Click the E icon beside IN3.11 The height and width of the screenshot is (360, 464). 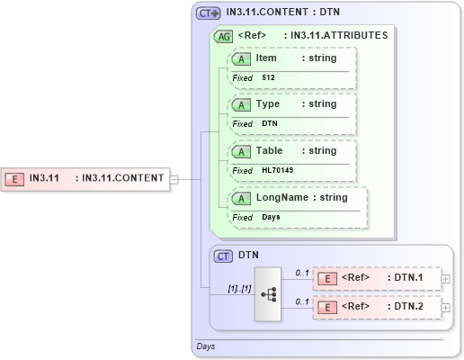point(15,178)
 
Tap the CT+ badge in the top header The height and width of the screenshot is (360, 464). point(209,13)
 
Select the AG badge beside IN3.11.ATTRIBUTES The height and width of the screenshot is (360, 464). point(222,36)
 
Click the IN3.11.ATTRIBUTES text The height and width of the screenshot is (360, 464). point(335,36)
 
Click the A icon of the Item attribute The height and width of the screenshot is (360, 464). point(242,58)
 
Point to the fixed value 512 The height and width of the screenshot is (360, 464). point(269,78)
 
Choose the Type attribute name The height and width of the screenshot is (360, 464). point(268,104)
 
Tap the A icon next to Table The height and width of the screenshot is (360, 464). point(242,151)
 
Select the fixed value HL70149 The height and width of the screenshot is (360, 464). point(278,170)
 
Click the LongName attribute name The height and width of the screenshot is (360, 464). point(282,198)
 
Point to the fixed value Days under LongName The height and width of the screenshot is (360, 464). point(272,217)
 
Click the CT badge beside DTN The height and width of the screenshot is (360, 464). point(223,256)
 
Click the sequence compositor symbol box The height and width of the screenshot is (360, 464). point(268,293)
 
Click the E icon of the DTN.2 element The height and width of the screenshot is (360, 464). point(329,308)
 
